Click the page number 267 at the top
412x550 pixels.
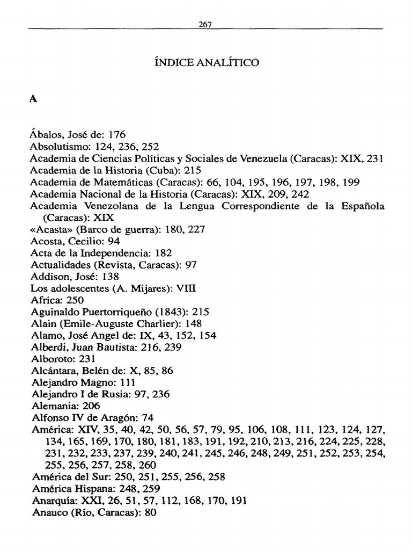[x=205, y=24]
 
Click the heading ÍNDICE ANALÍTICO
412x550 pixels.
[x=206, y=63]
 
